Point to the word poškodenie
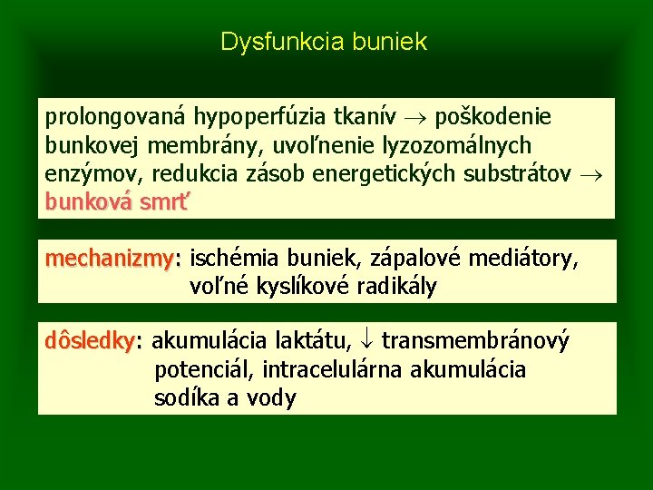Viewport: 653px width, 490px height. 493,118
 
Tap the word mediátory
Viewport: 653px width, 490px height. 521,260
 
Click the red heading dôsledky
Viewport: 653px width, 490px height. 90,342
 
